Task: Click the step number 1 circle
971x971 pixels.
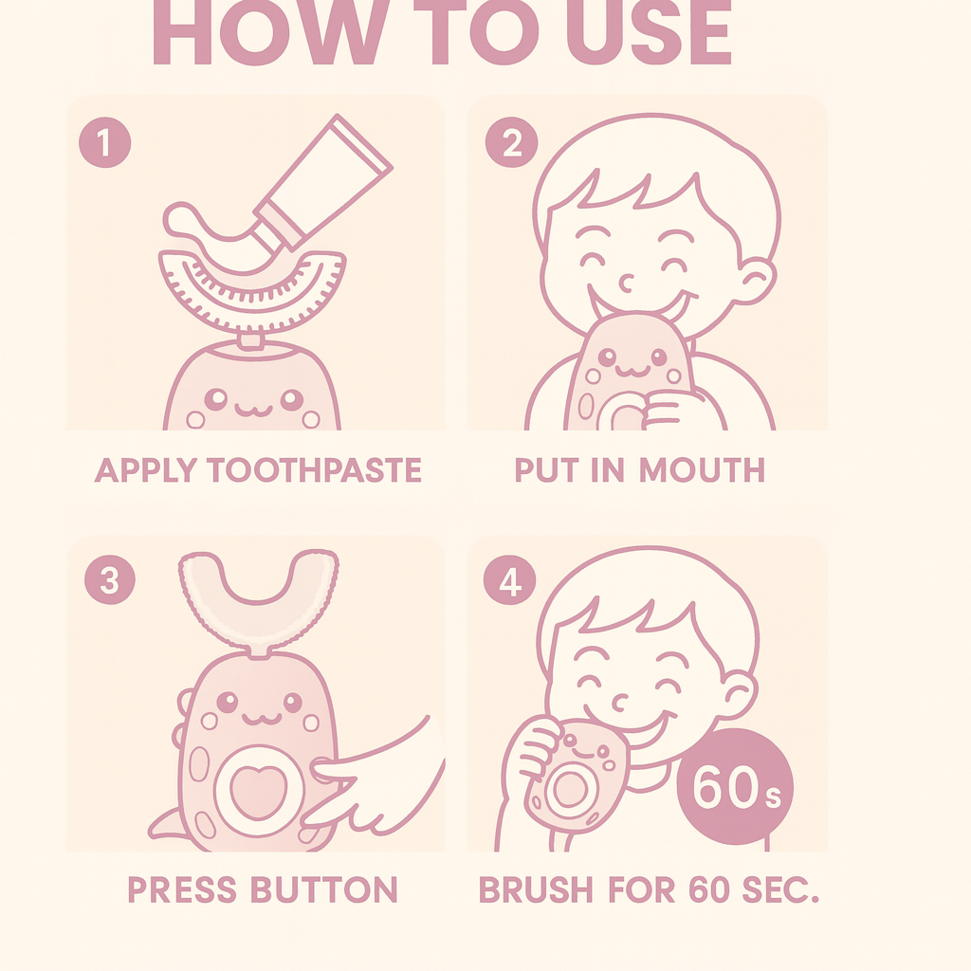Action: (x=104, y=144)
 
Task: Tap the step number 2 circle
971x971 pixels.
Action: (x=510, y=144)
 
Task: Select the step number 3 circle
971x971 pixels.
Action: (x=109, y=580)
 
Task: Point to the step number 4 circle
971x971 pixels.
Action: (x=510, y=580)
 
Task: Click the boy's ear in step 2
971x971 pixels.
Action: (x=755, y=281)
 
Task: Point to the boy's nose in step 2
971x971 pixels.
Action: (x=626, y=282)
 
